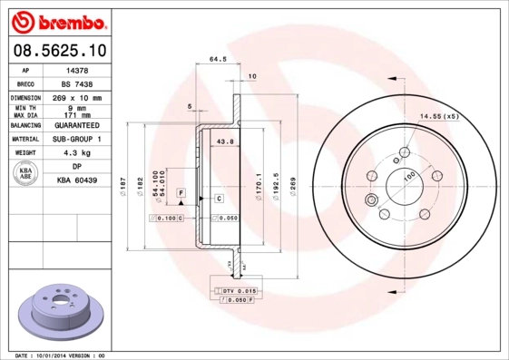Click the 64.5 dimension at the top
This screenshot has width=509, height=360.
click(x=218, y=60)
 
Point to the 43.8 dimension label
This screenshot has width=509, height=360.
click(x=226, y=141)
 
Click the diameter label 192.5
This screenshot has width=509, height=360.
click(x=276, y=188)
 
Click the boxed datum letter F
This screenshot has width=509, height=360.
click(x=181, y=194)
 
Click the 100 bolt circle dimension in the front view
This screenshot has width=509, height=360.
click(x=409, y=176)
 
